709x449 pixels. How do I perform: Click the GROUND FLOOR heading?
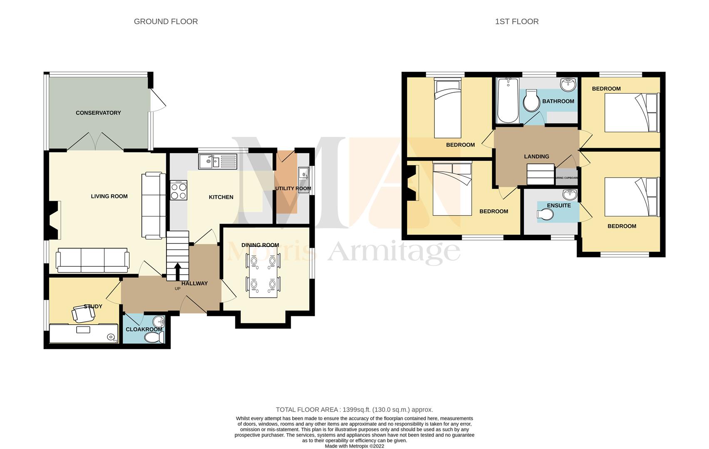point(166,22)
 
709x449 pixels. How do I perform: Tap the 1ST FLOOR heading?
point(517,22)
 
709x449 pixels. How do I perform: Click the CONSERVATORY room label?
point(98,113)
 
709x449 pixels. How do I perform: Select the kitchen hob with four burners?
point(179,190)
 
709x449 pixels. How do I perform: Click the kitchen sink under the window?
point(217,161)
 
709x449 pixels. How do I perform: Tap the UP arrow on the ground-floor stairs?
point(177,272)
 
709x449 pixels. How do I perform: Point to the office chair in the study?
point(82,314)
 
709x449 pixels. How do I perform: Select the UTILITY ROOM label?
point(293,188)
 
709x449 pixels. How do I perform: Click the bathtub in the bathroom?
point(507,101)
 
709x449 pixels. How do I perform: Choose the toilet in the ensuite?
point(545,215)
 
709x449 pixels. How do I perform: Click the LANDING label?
point(536,156)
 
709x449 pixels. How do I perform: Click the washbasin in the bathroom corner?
point(568,85)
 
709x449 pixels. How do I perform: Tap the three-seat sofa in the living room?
point(92,261)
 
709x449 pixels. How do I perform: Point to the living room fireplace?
point(53,220)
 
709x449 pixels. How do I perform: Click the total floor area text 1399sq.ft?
point(354,410)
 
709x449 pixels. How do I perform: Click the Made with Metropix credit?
point(354,446)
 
